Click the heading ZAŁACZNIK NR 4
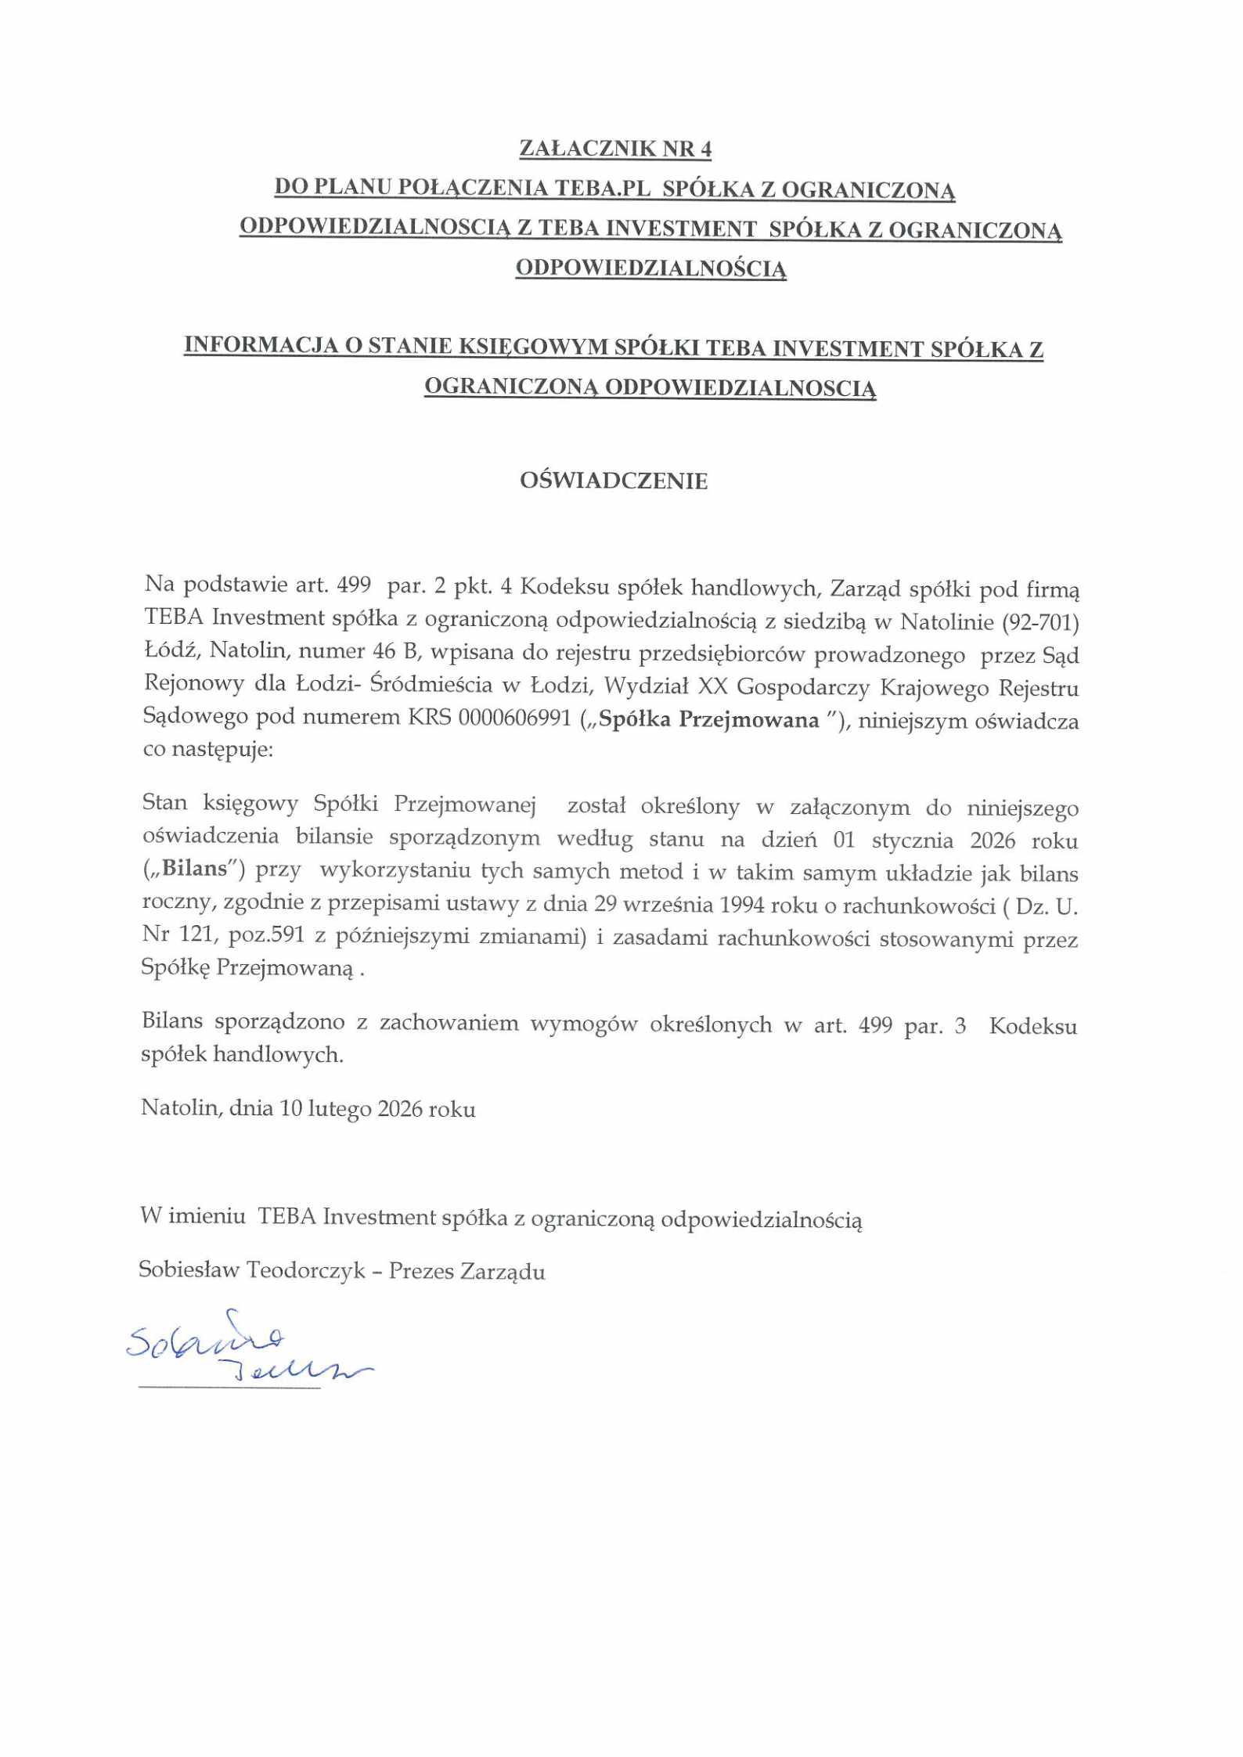click(x=615, y=149)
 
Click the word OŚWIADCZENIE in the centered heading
click(x=614, y=481)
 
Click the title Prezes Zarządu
click(x=467, y=1271)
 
